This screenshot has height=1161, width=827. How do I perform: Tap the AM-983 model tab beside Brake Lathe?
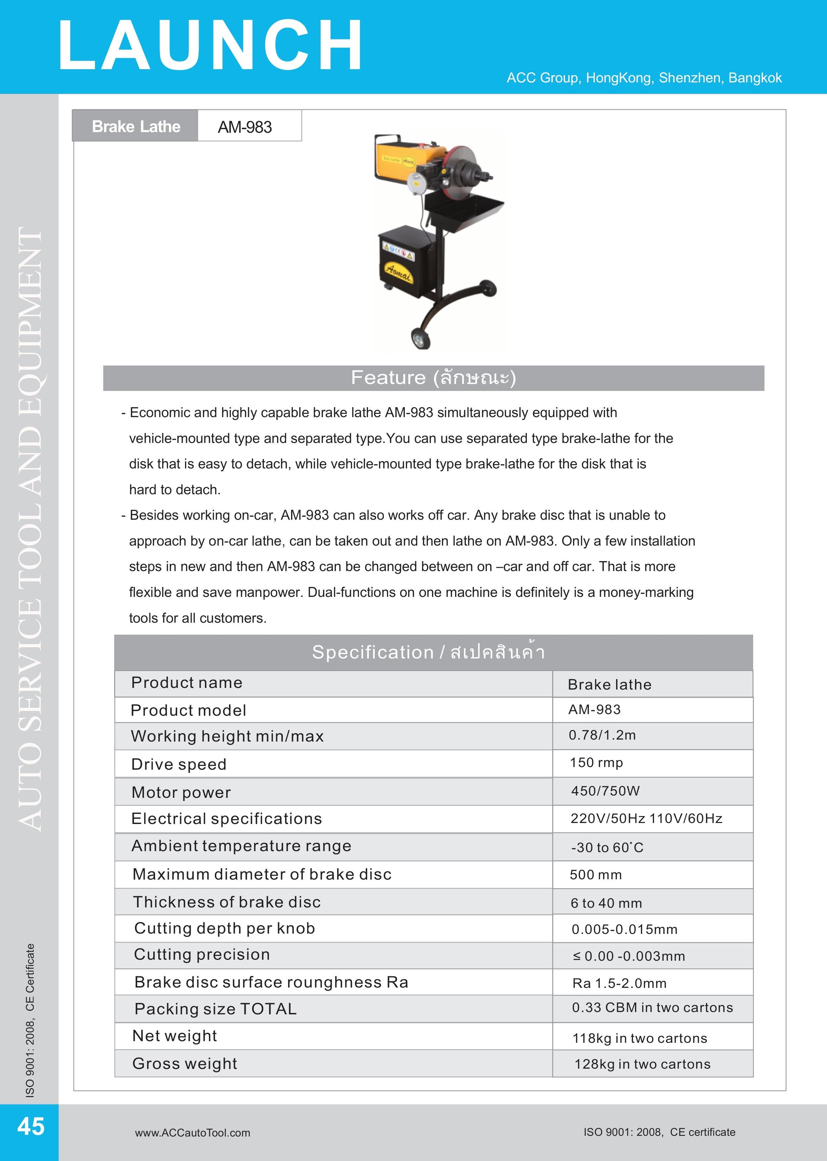[245, 127]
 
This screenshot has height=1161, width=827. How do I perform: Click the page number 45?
[30, 1126]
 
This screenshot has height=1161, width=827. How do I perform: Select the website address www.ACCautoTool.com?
[192, 1133]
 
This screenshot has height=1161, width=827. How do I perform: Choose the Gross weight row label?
[184, 1064]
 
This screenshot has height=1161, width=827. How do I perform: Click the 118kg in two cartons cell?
[640, 1038]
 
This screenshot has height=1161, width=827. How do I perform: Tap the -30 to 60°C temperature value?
[607, 847]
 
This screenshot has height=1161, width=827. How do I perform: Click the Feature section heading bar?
[433, 378]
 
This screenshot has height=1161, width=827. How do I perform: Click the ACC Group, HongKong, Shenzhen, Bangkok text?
[644, 78]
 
